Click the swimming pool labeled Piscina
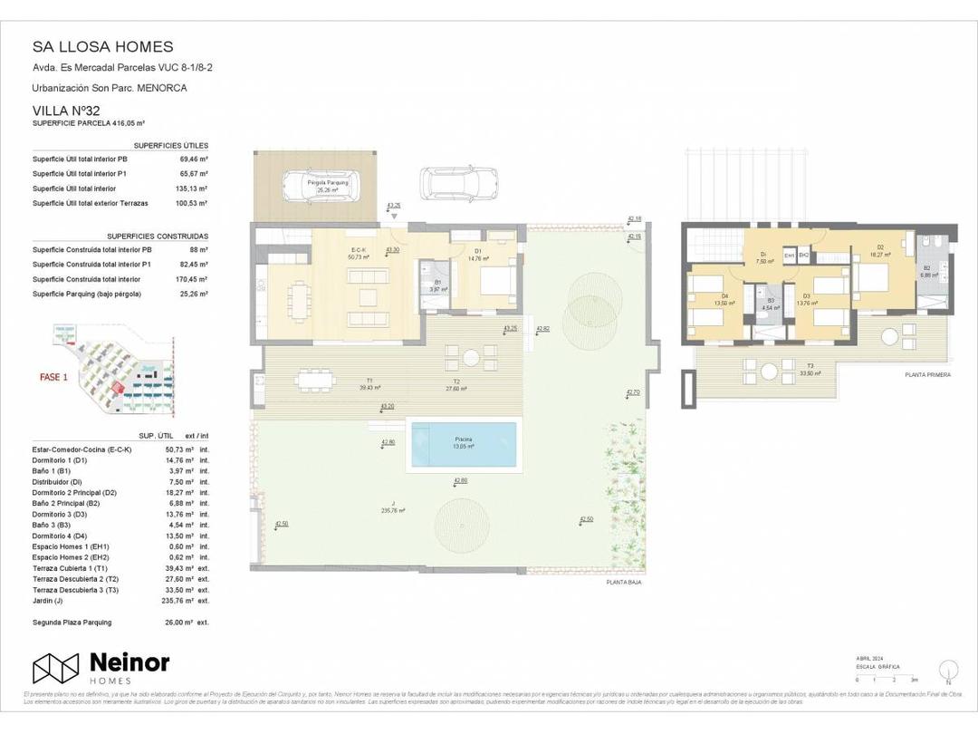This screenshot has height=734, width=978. tap(465, 443)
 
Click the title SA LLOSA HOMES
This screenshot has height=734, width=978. tap(102, 46)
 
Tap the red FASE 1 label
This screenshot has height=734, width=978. tap(53, 377)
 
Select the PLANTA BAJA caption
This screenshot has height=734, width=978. tap(625, 583)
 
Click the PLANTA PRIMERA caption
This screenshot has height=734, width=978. tap(927, 374)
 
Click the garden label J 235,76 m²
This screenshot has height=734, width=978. tap(393, 508)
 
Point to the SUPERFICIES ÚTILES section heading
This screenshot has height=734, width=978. tap(170, 145)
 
